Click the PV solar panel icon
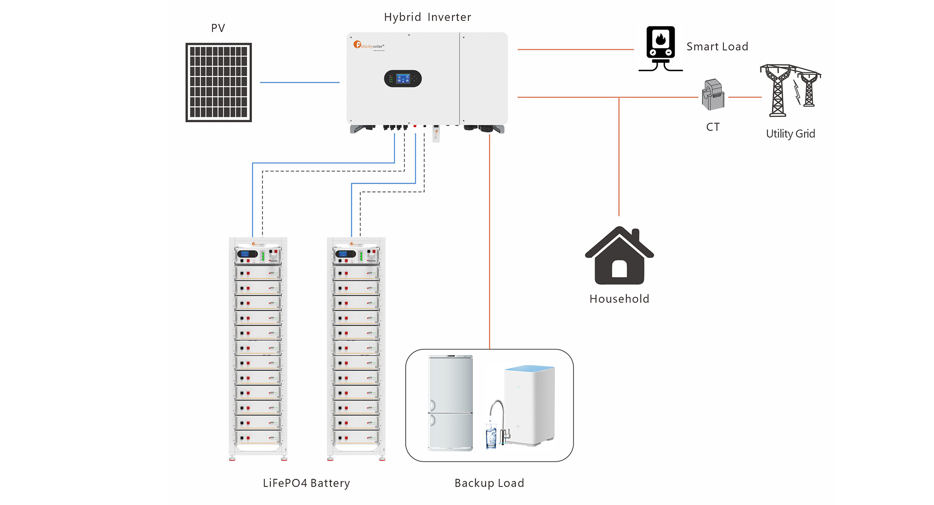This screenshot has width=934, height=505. coord(218,82)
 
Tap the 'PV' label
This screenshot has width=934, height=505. coord(218,28)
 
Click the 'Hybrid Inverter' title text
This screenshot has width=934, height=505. coord(427,18)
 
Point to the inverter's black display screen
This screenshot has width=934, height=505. coord(403,78)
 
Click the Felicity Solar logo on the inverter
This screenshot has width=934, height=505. coord(369,45)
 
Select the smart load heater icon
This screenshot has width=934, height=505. coord(660,48)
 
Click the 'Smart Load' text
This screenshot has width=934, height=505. coord(717,47)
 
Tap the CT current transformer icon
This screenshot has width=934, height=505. coord(713,95)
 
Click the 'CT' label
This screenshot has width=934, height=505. coord(713,127)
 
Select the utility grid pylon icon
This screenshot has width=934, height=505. coord(790,91)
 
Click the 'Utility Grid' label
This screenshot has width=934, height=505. coord(790,134)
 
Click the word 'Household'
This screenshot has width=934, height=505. coord(619,299)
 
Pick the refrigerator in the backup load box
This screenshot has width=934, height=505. coord(450,402)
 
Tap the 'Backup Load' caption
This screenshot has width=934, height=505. coord(489,483)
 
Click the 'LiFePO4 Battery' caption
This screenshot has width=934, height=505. coord(306,483)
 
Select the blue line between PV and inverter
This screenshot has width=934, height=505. coord(299,82)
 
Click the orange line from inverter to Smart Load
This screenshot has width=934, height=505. coord(575,49)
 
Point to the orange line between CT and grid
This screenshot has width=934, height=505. coord(744,97)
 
